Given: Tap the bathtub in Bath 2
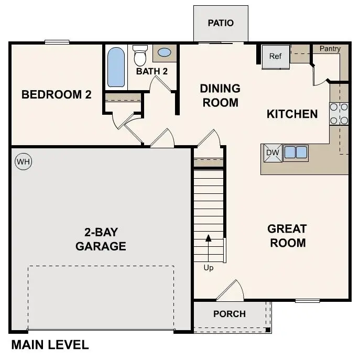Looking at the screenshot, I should pos(116,67).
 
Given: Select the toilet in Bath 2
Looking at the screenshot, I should pos(140,55).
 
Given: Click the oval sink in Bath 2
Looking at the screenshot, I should pos(164,52).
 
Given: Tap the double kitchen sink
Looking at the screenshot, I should pos(296,152).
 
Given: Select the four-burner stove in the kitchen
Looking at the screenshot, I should pos(339,114).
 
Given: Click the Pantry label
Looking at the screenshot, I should pos(330,49).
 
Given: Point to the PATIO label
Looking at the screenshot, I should pos(221,23).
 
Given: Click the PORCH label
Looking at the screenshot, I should pos(230,314).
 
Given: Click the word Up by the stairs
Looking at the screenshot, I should pos(209,268).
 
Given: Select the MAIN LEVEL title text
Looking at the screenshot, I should pos(50,345).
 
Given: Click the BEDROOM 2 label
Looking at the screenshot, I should pos(57,95).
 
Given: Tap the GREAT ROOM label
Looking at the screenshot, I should pos(287,236).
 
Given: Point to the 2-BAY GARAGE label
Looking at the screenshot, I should pos(101,239).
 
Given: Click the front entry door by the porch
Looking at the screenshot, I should pos(231,291).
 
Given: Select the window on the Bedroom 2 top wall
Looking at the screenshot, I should pos(57,42).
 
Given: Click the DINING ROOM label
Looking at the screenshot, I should pos(220,95).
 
